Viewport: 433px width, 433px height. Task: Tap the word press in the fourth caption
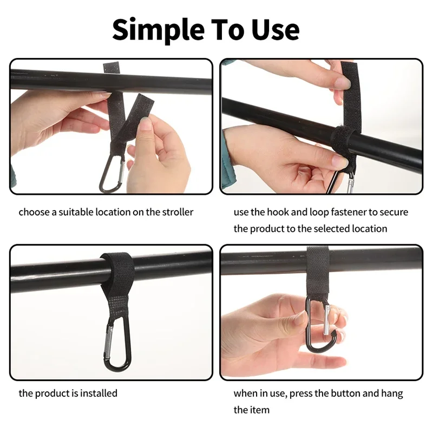click(300, 393)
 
